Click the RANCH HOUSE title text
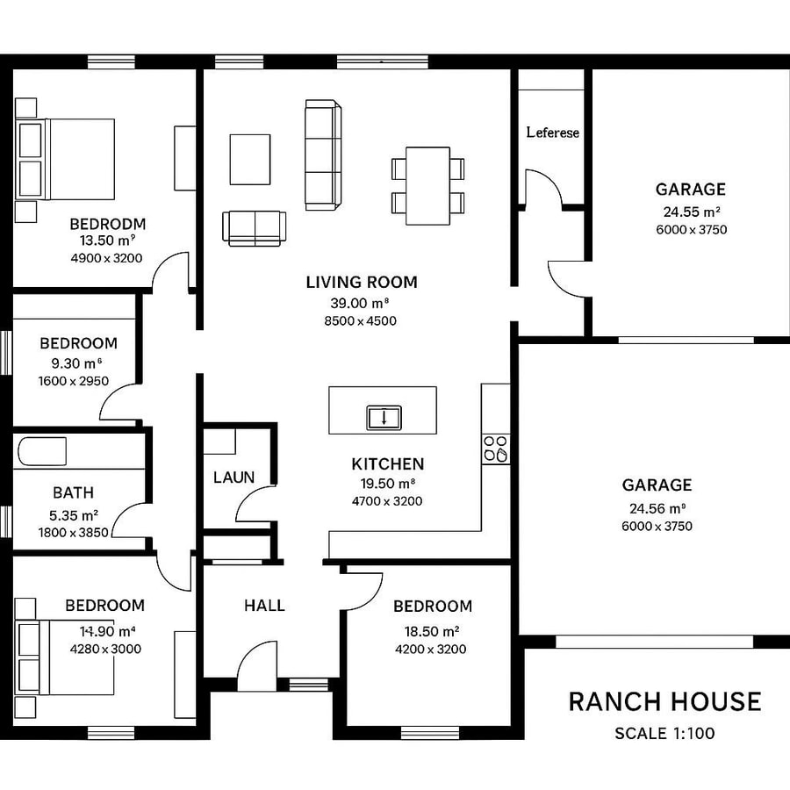tap(664, 701)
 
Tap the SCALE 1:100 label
tap(664, 734)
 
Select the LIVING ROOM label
tap(361, 283)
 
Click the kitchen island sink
tap(383, 417)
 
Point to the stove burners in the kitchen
tap(495, 449)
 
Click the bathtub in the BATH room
tap(40, 452)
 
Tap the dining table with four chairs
tap(427, 184)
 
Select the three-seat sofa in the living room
tap(322, 154)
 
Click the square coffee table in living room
tap(249, 159)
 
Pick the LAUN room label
tap(233, 478)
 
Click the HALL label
tap(264, 606)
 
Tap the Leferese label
tap(552, 133)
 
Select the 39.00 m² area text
tap(360, 303)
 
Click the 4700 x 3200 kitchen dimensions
tap(387, 501)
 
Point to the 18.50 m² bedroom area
tap(431, 631)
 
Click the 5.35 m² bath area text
tap(73, 514)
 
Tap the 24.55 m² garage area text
tap(691, 212)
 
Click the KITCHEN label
tap(387, 464)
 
